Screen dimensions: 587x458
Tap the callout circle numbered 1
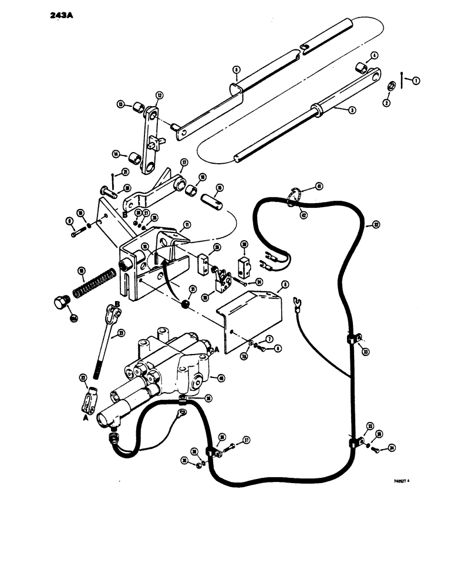[x=416, y=80]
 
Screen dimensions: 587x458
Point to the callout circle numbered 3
[x=352, y=109]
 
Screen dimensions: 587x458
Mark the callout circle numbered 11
[x=186, y=225]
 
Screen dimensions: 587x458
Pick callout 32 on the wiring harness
[x=376, y=224]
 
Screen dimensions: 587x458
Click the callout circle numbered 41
[x=319, y=187]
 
